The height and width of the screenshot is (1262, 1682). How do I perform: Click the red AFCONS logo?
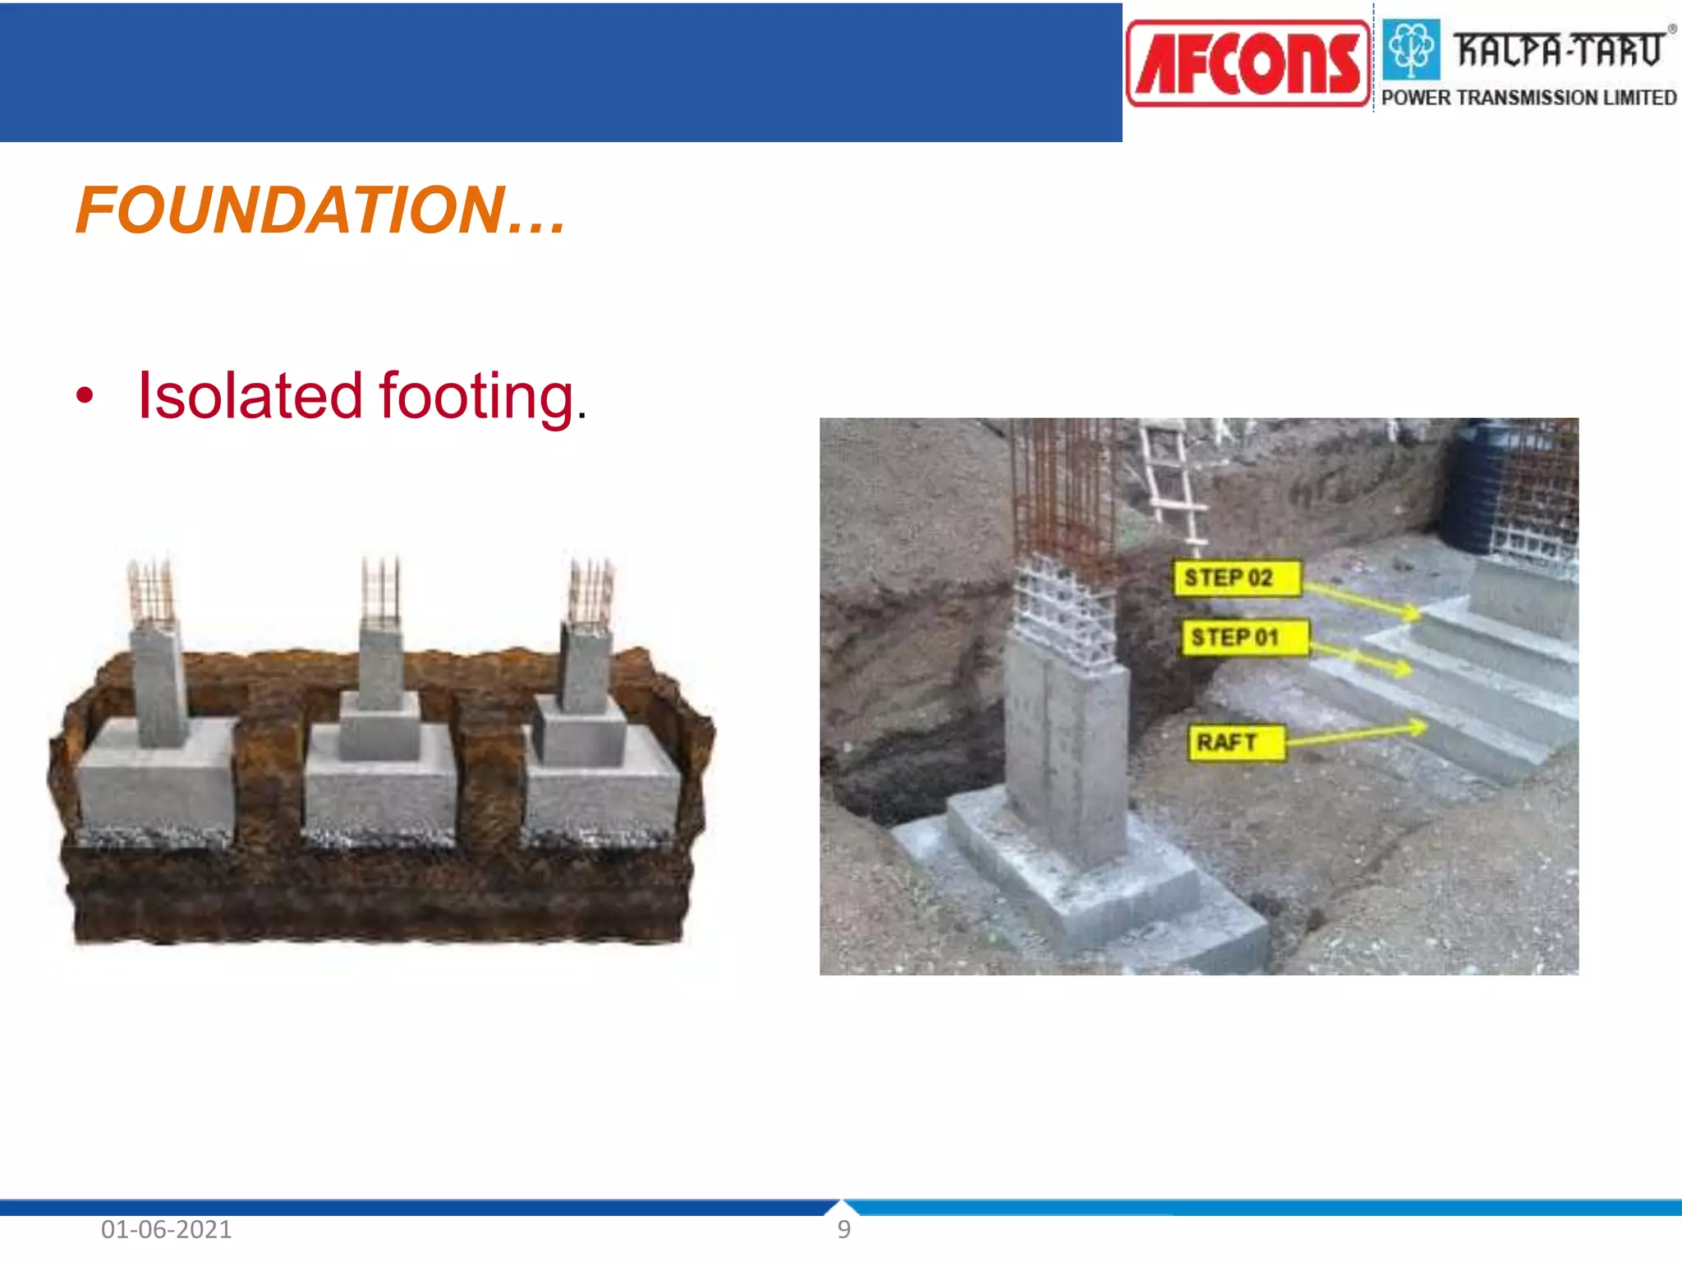point(1248,64)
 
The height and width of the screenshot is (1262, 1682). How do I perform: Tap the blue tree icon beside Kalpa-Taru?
point(1411,49)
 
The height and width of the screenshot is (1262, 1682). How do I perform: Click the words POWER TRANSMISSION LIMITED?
point(1528,98)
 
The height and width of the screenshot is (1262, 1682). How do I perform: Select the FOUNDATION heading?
point(320,210)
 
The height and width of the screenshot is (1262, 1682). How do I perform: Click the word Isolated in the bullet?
point(250,396)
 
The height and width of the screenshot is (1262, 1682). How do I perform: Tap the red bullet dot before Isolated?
point(85,396)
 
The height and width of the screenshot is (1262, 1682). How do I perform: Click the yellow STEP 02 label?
point(1236,578)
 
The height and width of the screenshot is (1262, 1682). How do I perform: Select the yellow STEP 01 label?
point(1243,637)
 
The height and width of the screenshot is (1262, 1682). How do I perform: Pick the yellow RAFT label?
point(1235,742)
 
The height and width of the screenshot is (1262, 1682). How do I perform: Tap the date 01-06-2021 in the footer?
point(166,1229)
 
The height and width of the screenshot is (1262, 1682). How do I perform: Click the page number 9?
point(843,1229)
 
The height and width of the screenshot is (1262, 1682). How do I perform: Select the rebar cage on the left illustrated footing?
point(151,593)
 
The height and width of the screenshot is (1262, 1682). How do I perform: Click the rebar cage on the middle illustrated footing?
point(381,591)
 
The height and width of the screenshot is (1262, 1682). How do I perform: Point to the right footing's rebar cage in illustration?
point(591,593)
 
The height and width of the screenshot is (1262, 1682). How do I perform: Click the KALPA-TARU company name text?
point(1558,49)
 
